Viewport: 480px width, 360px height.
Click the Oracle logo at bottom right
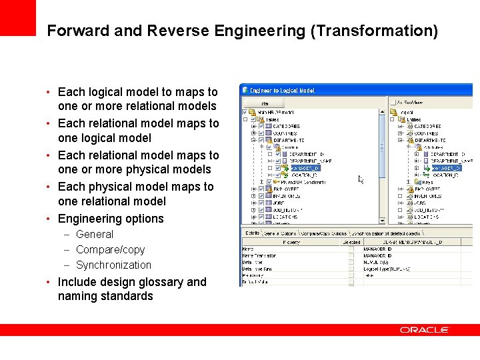424,330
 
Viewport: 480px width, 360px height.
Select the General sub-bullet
95,234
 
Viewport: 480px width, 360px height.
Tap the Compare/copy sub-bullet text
110,249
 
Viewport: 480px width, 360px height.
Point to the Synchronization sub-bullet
113,265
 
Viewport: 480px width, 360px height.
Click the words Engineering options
111,219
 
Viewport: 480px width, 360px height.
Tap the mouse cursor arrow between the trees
361,179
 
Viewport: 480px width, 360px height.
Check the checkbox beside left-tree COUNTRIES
261,133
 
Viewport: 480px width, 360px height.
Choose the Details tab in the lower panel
252,233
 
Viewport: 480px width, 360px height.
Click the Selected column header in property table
351,242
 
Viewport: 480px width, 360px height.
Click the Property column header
291,242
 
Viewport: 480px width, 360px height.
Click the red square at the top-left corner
17,17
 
